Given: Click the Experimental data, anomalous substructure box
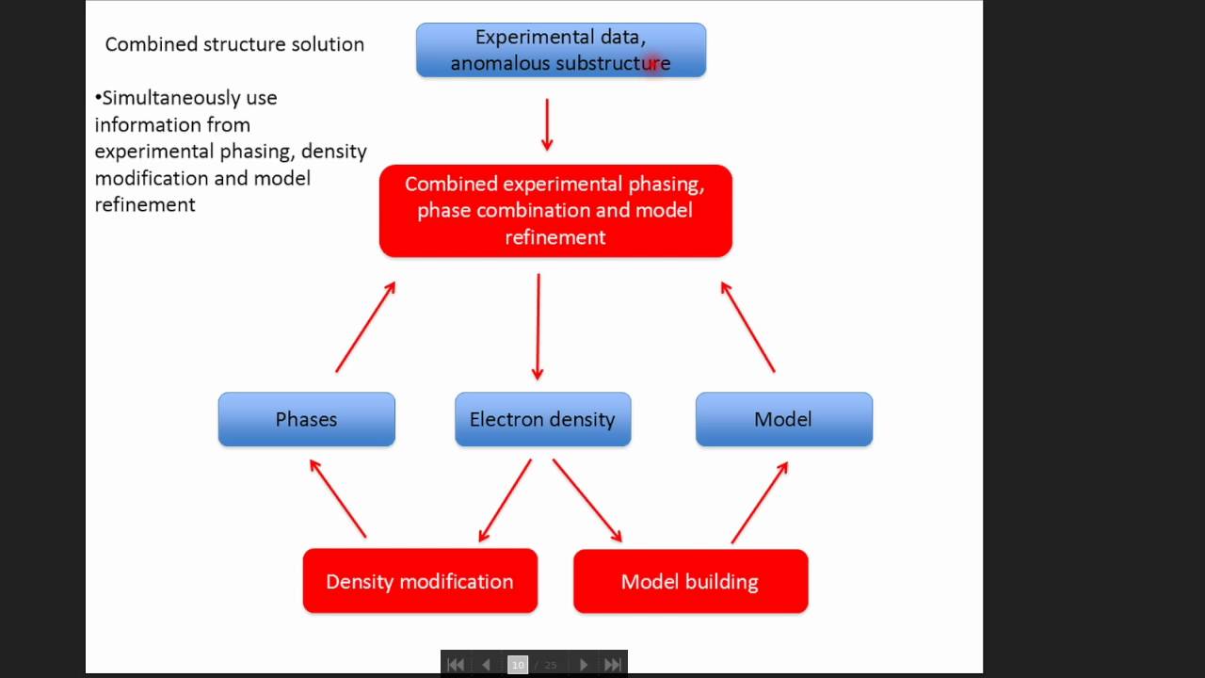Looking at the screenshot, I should point(561,50).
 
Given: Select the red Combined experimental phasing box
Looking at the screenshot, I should point(555,211).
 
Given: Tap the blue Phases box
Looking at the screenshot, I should point(307,419).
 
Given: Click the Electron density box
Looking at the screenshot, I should point(543,419).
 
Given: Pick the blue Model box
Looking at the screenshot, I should point(784,419).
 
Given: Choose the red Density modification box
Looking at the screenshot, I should point(420,581).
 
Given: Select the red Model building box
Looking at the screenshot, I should point(690,581).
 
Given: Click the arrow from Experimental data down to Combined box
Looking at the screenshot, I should point(547,123).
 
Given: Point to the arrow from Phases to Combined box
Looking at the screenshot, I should point(365,326).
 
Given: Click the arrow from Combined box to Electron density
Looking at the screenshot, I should point(538,326).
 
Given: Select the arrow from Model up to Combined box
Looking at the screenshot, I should point(747,326).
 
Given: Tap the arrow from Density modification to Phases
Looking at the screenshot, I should point(338,498).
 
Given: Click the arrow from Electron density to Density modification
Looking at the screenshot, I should point(506,500).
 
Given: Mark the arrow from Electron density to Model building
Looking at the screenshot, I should point(586,500).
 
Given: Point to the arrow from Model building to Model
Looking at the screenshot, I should point(759,502).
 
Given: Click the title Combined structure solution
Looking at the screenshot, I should point(234,44).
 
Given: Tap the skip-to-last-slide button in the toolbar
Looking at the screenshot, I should point(612,665).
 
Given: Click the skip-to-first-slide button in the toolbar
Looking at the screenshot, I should point(456,665).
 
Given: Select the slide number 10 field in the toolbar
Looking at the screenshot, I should point(518,665).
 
